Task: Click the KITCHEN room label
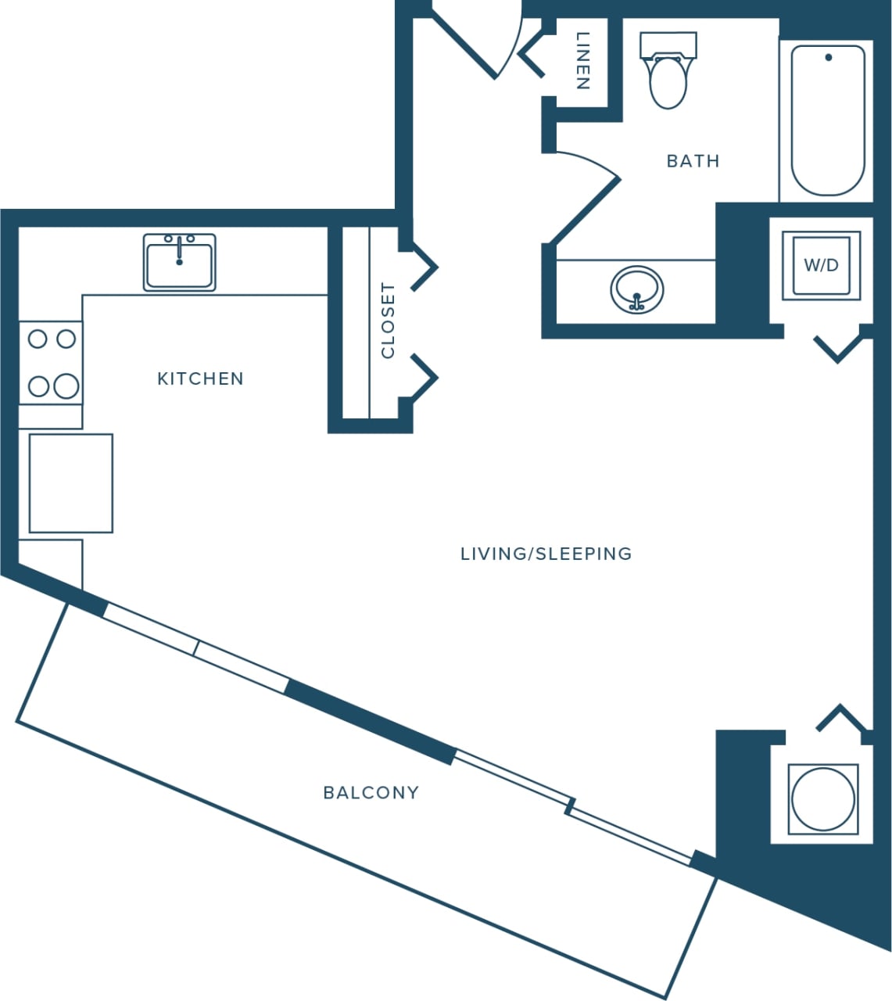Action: tap(200, 379)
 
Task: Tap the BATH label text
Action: tap(693, 161)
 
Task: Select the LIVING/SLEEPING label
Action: tap(546, 554)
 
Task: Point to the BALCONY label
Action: tap(371, 792)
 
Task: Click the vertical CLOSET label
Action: tap(388, 321)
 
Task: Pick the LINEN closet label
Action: tap(582, 60)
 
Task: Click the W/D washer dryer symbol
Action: tap(821, 265)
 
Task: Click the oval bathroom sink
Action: tap(637, 289)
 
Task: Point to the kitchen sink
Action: tap(179, 263)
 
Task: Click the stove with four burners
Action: tap(51, 363)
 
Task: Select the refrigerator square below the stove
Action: tap(70, 483)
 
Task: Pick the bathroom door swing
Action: tap(586, 196)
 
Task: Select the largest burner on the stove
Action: tap(66, 386)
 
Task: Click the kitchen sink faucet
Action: tap(179, 249)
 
